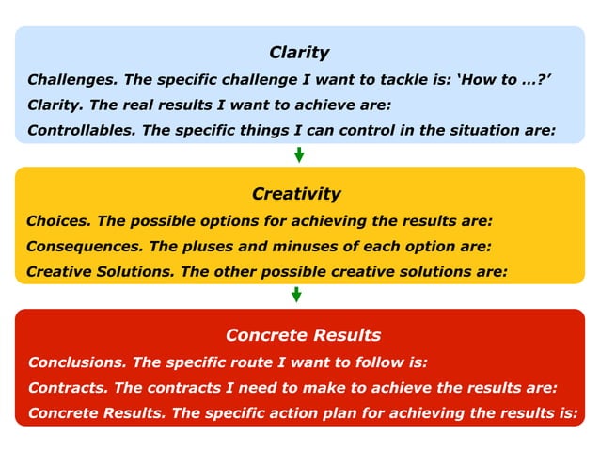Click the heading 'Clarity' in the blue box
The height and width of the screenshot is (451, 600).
299,53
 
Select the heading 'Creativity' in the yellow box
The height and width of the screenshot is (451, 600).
296,194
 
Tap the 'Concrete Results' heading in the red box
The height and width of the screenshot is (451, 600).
303,335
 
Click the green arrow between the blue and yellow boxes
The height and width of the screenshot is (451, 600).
299,154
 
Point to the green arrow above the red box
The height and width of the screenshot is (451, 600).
296,295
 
